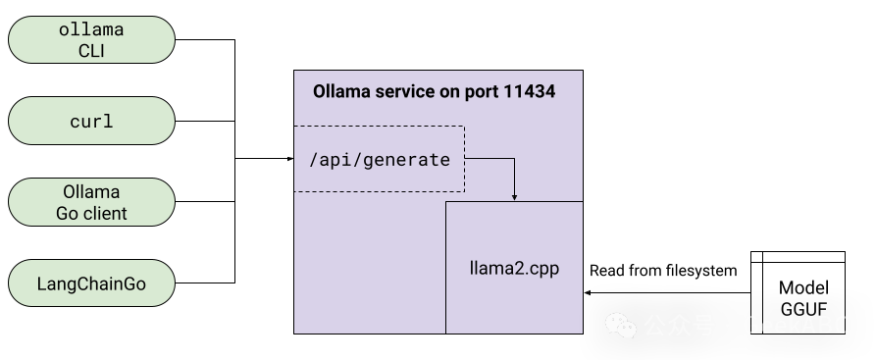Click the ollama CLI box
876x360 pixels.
[x=91, y=40]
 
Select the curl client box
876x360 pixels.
[x=91, y=122]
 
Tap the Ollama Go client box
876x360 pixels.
[x=91, y=202]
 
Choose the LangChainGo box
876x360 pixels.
[x=91, y=284]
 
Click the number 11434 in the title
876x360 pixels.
[x=530, y=92]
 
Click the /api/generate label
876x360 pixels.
[x=380, y=159]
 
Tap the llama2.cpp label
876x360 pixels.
[x=515, y=266]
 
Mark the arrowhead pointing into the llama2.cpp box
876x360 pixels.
[x=514, y=196]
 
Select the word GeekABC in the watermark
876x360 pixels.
[x=796, y=326]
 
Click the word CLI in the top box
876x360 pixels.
[x=91, y=51]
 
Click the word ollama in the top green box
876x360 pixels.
[x=91, y=30]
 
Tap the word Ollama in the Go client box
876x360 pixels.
[x=91, y=191]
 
